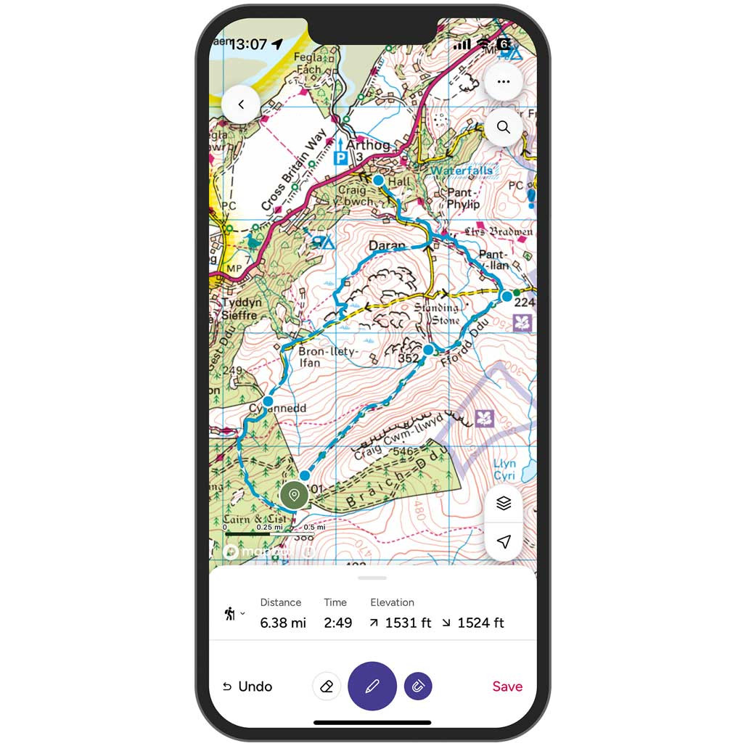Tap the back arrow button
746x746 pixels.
(x=241, y=104)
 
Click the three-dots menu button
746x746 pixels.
(x=503, y=82)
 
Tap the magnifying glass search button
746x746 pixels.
(x=503, y=128)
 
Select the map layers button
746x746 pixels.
(x=504, y=504)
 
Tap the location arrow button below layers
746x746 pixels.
(x=504, y=541)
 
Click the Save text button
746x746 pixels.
(x=507, y=686)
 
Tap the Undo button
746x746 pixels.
(x=247, y=686)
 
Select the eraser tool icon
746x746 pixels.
(x=327, y=686)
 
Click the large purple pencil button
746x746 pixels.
(x=372, y=686)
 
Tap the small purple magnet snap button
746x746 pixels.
(x=418, y=686)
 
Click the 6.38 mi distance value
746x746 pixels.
(x=284, y=623)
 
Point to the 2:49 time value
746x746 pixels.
(x=337, y=623)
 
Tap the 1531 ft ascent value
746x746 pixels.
(x=408, y=623)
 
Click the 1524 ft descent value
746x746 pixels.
(x=480, y=623)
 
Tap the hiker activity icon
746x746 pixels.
(x=230, y=614)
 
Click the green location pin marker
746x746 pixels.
(x=294, y=496)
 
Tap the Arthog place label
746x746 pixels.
(x=368, y=144)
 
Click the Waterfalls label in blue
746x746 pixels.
(x=462, y=171)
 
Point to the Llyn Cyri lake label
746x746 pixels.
(x=504, y=470)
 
